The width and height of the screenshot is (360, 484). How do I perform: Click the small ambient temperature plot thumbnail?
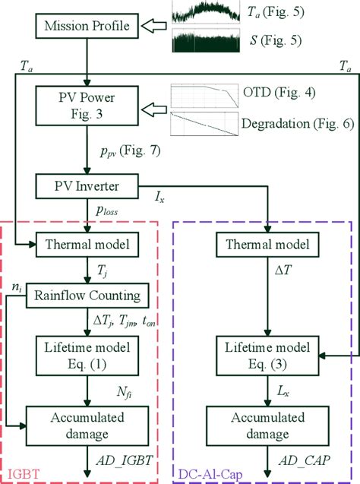(210, 11)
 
